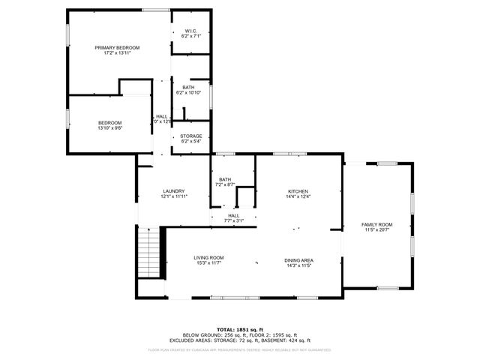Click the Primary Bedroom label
pyautogui.click(x=117, y=47)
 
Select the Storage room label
pyautogui.click(x=191, y=136)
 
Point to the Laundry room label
pyautogui.click(x=174, y=190)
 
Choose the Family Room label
pyautogui.click(x=377, y=224)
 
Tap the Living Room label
pyautogui.click(x=210, y=257)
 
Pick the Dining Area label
pyautogui.click(x=298, y=260)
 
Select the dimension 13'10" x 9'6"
pyautogui.click(x=109, y=128)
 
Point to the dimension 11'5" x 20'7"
pyautogui.click(x=377, y=229)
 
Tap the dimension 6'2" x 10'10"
pyautogui.click(x=189, y=92)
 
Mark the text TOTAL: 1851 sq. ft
pyautogui.click(x=241, y=329)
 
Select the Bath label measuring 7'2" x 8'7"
pyautogui.click(x=225, y=179)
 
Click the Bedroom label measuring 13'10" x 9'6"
pyautogui.click(x=109, y=122)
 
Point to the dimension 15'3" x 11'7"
pyautogui.click(x=210, y=263)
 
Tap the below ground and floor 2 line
pyautogui.click(x=241, y=334)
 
